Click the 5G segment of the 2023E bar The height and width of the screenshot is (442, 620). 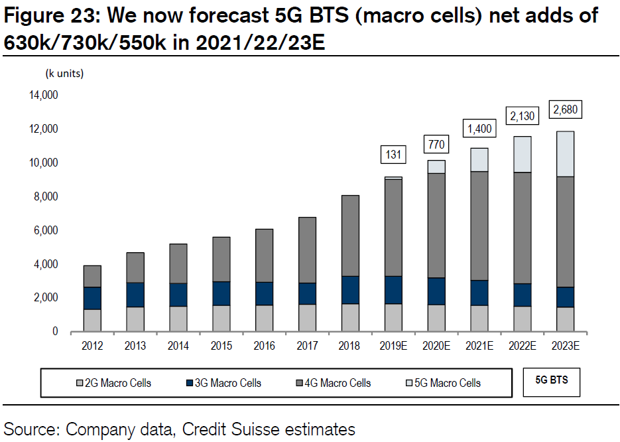tap(565, 154)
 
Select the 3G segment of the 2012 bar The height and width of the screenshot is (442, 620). tap(93, 298)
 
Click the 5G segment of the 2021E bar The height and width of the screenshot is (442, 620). tap(479, 159)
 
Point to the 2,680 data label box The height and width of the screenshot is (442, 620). tap(566, 109)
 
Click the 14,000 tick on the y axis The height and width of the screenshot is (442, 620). tap(44, 95)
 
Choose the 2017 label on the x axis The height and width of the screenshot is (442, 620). tap(307, 346)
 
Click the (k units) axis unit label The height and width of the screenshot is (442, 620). tap(64, 72)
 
